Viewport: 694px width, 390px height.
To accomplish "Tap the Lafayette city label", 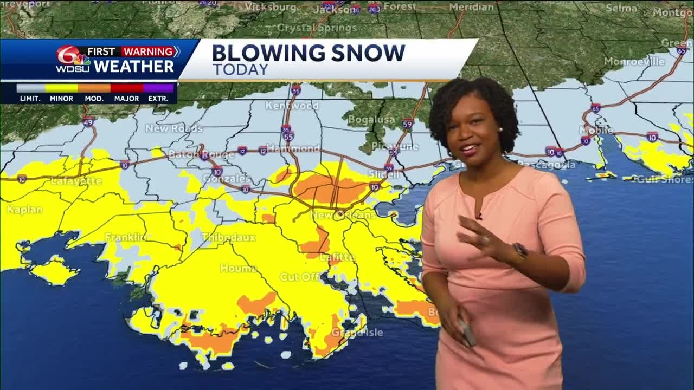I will [x=76, y=181].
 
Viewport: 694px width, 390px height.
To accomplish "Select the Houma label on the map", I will [x=239, y=269].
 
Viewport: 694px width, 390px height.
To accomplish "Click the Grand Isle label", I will [x=357, y=332].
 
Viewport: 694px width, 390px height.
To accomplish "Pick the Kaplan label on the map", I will [x=24, y=210].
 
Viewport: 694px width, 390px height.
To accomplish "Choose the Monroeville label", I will [x=634, y=62].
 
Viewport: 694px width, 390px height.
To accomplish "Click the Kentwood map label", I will [x=292, y=105].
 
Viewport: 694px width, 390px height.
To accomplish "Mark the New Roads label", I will [x=173, y=128].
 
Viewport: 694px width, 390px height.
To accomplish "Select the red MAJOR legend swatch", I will [x=127, y=88].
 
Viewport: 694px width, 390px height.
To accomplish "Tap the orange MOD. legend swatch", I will [x=94, y=88].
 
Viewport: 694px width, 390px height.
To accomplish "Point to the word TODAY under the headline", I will [x=240, y=70].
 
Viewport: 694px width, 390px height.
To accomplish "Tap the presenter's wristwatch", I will [x=520, y=251].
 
